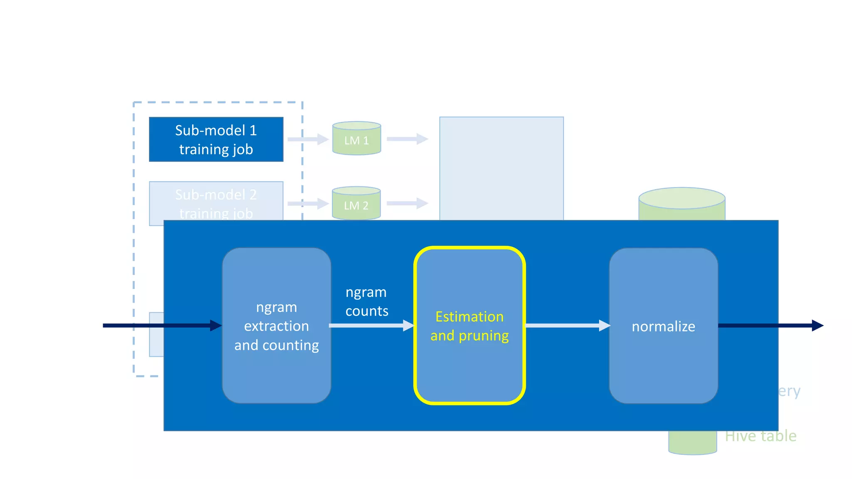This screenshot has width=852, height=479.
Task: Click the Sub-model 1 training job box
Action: pyautogui.click(x=216, y=139)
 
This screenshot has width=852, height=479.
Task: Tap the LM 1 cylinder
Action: pyautogui.click(x=357, y=139)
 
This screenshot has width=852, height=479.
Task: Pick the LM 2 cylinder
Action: pyautogui.click(x=356, y=203)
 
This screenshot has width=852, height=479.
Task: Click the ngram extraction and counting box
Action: pyautogui.click(x=276, y=326)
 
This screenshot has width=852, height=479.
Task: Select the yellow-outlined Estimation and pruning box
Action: pyautogui.click(x=469, y=366)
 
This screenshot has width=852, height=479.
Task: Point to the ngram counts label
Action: pyautogui.click(x=367, y=301)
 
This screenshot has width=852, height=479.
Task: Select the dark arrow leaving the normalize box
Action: pyautogui.click(x=770, y=326)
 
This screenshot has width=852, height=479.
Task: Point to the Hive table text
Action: pyautogui.click(x=760, y=436)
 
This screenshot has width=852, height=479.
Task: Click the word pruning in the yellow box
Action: pyautogui.click(x=483, y=336)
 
